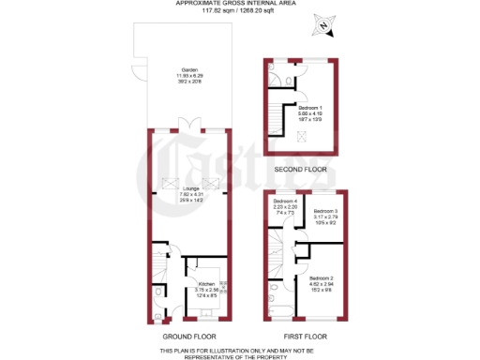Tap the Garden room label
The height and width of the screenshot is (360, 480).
[x=190, y=68]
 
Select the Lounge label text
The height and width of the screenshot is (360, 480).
[x=190, y=192]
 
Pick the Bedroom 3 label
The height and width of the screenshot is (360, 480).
[x=324, y=210]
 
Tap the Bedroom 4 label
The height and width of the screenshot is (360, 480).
[x=285, y=202]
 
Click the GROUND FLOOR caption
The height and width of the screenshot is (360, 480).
[x=190, y=334]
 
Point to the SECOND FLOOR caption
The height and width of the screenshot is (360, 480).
[x=301, y=169]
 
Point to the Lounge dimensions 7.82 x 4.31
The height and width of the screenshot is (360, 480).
[x=190, y=198]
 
